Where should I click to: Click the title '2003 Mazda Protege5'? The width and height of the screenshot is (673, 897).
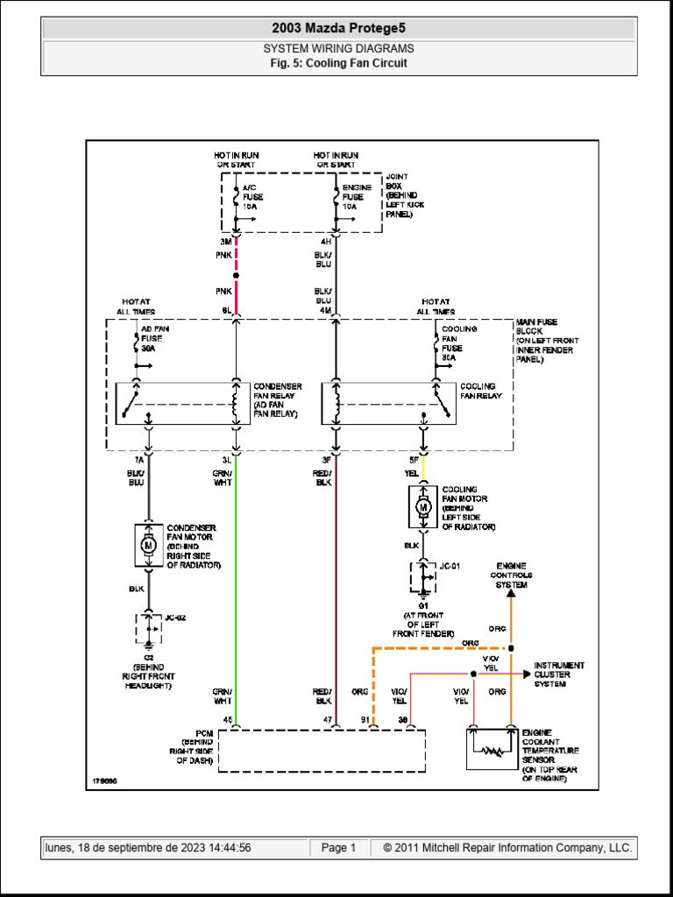(x=338, y=28)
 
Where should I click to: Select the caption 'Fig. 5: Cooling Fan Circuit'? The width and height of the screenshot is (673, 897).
(x=338, y=63)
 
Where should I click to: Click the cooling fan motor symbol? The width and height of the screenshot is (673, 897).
(x=422, y=506)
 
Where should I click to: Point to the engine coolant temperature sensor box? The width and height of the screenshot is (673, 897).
(x=492, y=749)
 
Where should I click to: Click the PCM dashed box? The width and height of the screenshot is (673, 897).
(x=322, y=751)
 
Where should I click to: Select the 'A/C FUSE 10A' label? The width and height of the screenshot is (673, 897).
(x=252, y=197)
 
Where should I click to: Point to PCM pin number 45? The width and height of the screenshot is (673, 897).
(x=228, y=720)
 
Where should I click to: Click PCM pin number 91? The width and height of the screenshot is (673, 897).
(x=364, y=720)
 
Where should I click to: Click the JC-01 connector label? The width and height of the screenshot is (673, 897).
(x=450, y=565)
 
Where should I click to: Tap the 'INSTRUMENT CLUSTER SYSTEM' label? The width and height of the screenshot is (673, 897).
(x=559, y=675)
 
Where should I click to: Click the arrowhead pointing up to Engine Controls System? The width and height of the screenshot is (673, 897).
(x=512, y=594)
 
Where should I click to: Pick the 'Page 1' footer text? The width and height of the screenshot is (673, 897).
(x=338, y=848)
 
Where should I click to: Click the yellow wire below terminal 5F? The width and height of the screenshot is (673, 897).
(x=423, y=469)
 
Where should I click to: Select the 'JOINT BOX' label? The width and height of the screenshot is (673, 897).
(x=400, y=195)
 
